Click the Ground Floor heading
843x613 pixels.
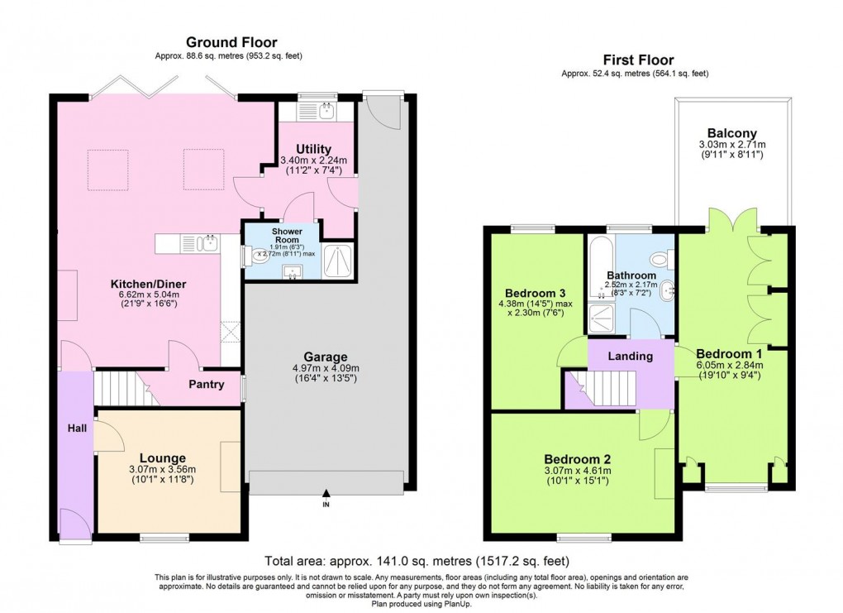click(231, 42)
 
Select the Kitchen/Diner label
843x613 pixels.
click(145, 284)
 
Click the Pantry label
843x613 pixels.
click(206, 384)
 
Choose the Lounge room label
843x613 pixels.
click(162, 457)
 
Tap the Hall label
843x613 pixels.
click(78, 429)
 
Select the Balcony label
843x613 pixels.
click(731, 133)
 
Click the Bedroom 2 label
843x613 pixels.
click(577, 460)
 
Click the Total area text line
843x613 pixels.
click(421, 559)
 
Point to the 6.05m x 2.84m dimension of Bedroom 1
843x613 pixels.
click(729, 364)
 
